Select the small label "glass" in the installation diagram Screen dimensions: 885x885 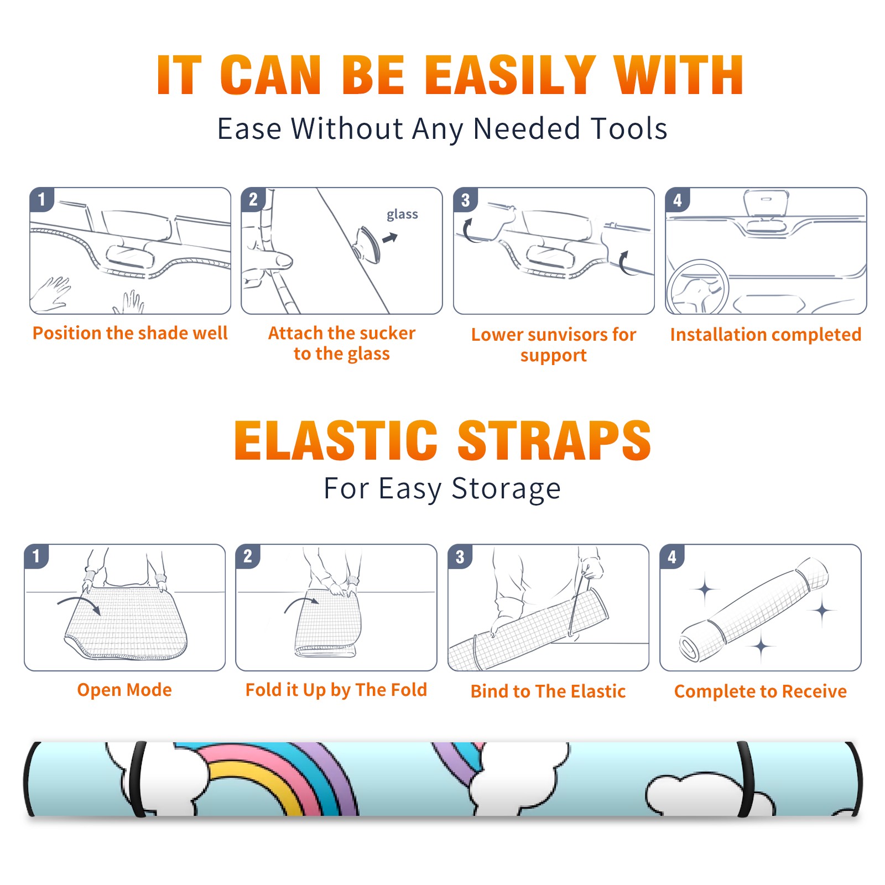[x=402, y=215]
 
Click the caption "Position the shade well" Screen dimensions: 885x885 [x=130, y=333]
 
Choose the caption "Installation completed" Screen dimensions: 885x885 [x=766, y=335]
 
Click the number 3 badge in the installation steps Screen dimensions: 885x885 [x=465, y=200]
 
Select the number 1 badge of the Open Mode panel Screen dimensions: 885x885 [x=37, y=556]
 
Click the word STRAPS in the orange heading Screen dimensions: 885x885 [x=554, y=440]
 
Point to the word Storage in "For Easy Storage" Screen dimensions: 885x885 [x=506, y=489]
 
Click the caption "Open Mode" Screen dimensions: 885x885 [x=124, y=690]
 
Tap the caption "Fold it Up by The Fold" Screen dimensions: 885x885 [x=336, y=690]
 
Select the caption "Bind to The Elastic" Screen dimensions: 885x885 [x=548, y=691]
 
